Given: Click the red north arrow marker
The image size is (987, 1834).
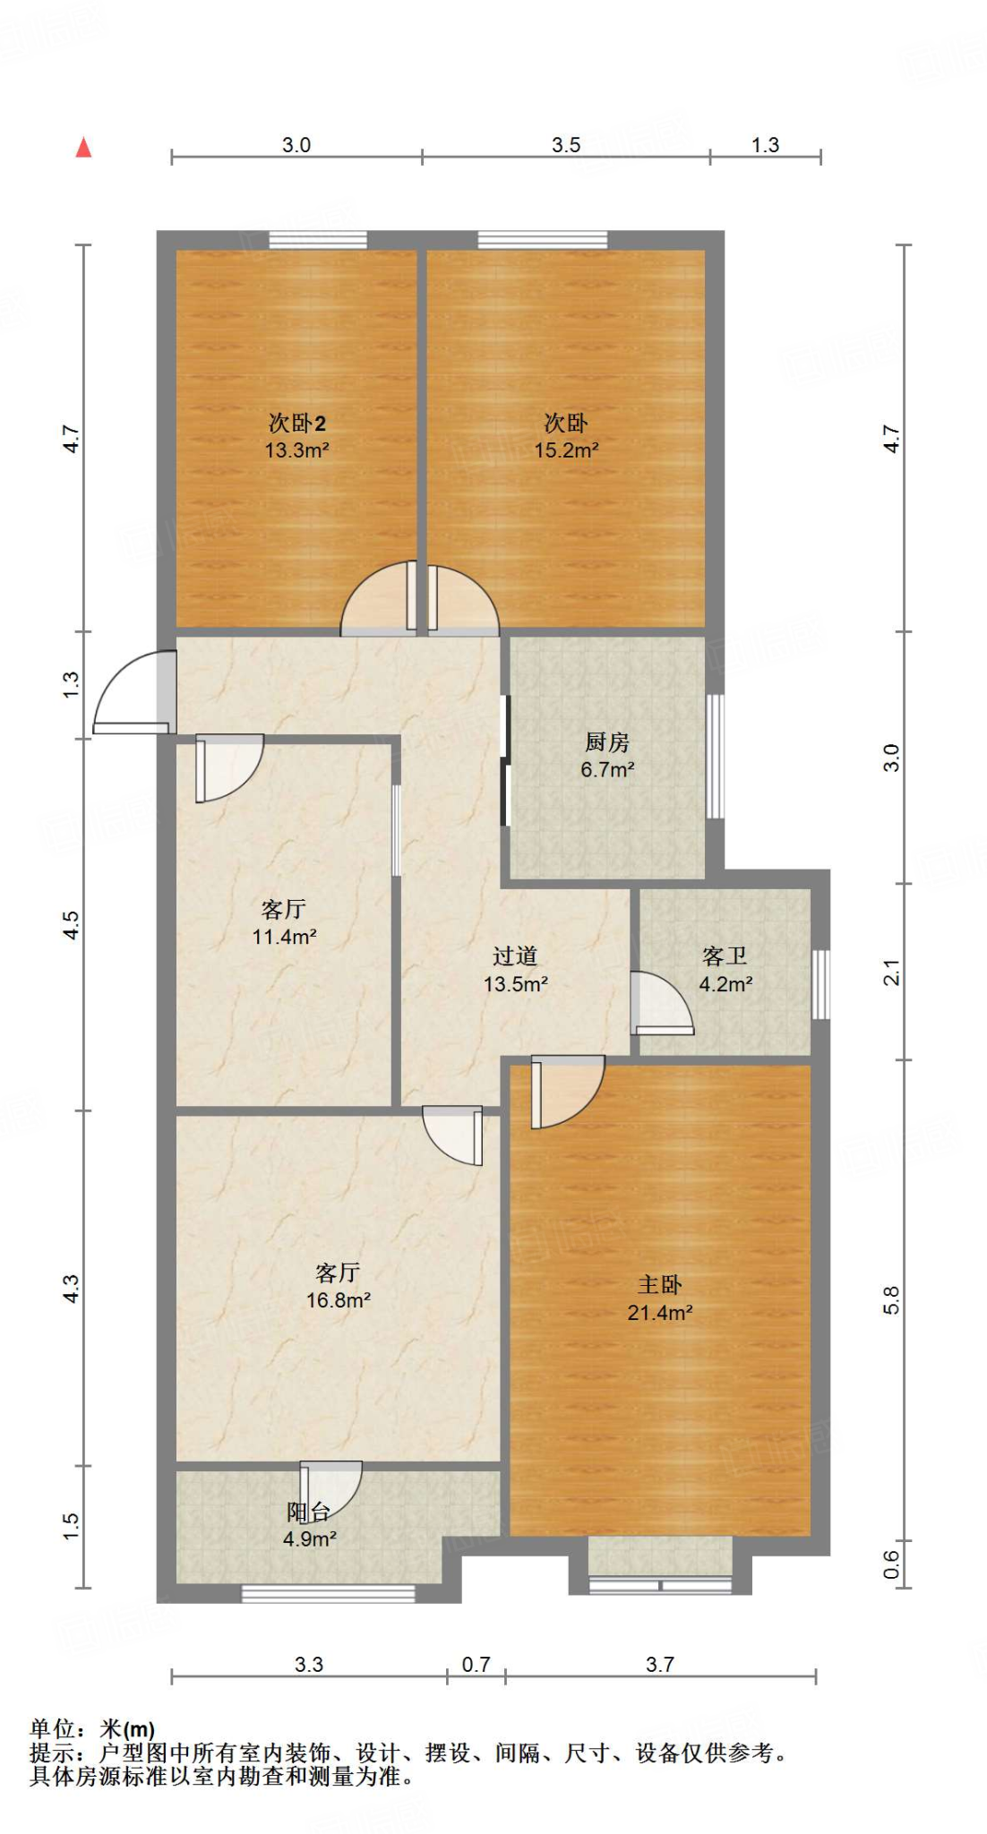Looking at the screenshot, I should click(x=83, y=148).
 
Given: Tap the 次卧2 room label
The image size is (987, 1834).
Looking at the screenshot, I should click(x=296, y=423).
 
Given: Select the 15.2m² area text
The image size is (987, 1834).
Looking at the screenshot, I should click(x=566, y=450).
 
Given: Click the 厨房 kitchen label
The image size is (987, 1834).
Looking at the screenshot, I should click(x=607, y=741).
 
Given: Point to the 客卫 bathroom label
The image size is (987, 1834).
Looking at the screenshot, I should click(x=725, y=956).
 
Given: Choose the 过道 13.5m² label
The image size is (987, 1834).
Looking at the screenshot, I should click(x=515, y=970).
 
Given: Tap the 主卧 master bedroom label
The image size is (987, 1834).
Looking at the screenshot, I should click(x=659, y=1285).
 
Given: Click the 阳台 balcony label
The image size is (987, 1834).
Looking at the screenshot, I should click(x=309, y=1513).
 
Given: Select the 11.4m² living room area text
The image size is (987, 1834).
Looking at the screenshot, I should click(x=284, y=938).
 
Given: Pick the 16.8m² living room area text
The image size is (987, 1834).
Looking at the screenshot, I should click(x=338, y=1300).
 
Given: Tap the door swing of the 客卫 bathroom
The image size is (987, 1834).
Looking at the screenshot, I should click(x=661, y=1004).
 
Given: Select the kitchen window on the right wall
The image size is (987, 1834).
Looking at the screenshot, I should click(x=715, y=756).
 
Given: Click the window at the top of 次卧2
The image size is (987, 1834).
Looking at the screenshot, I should click(x=318, y=240).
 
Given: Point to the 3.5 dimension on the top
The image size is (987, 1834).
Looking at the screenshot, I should click(x=566, y=145).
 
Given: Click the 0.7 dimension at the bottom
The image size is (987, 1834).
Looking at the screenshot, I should click(x=476, y=1664).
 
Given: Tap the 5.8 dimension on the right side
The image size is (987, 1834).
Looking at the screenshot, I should click(x=890, y=1299).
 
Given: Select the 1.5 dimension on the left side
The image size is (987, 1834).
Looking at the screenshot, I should click(x=71, y=1526).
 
